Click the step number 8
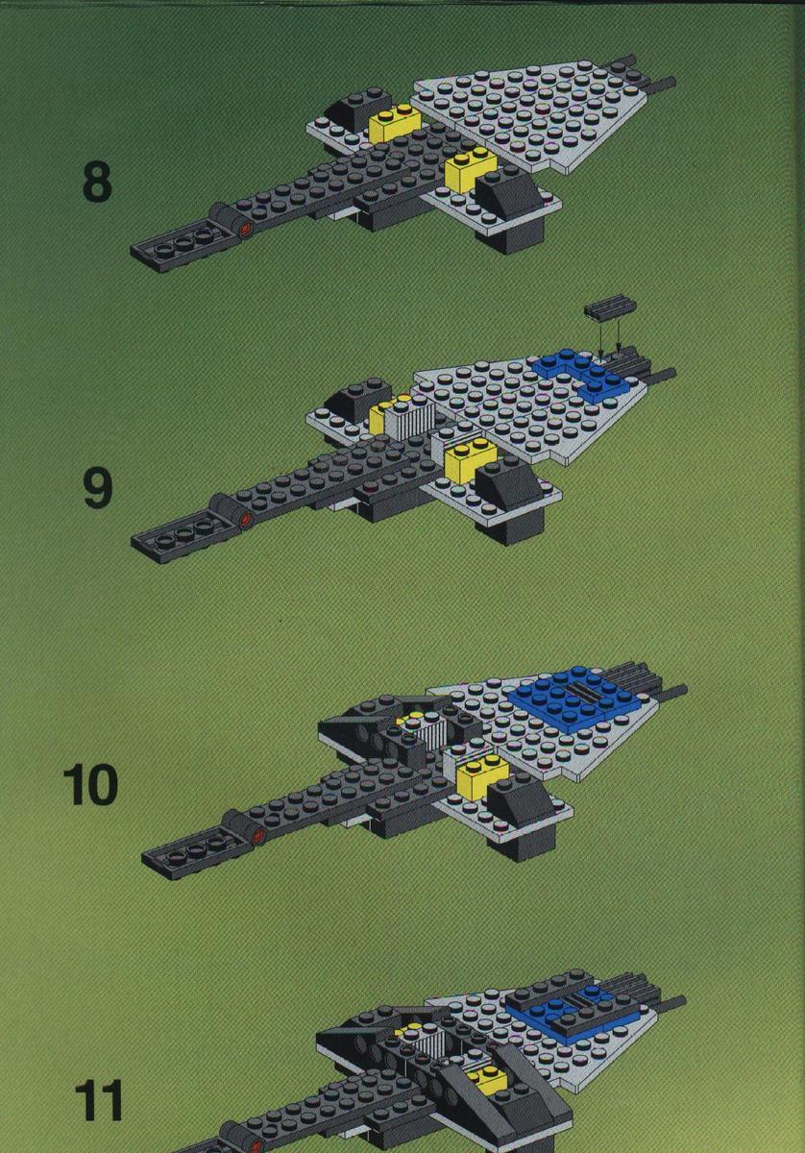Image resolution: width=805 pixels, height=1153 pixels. point(97,184)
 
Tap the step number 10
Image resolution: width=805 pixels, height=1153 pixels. point(90,786)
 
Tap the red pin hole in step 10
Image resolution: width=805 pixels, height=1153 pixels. point(259,835)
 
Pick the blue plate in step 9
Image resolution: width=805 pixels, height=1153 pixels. point(584,373)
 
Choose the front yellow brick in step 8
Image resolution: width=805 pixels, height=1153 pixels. point(472,169)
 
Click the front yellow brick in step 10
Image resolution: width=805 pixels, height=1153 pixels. point(483,779)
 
